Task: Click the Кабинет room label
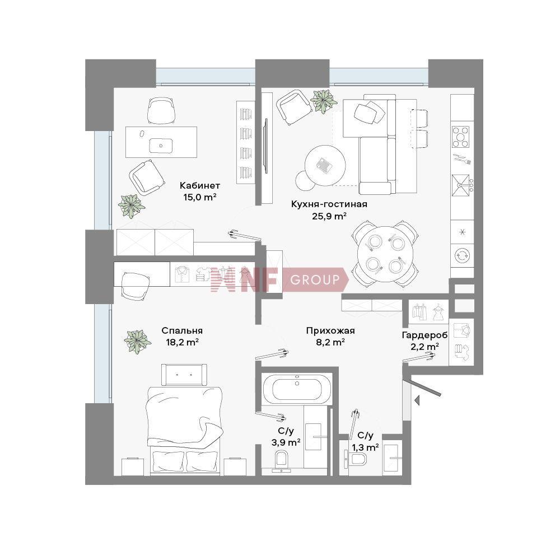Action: pos(200,185)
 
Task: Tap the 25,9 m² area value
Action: pos(329,216)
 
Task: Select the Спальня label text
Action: pos(182,331)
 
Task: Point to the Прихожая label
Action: pos(330,331)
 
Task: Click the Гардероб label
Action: pos(424,335)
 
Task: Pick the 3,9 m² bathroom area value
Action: pos(286,442)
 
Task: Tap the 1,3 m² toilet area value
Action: pos(365,447)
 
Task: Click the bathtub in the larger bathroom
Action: pos(297,389)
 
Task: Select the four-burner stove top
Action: pos(461,137)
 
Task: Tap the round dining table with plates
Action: pos(385,254)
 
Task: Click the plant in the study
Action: pos(131,206)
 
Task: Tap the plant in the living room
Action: pos(324,101)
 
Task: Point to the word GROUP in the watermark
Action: pos(315,279)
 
